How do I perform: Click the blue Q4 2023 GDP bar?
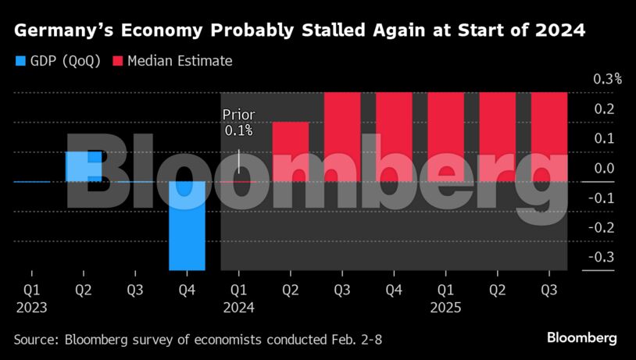[187, 226]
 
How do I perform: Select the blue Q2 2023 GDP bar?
[84, 166]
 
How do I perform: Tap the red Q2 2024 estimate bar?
[291, 151]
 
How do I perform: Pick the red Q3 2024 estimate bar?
[342, 137]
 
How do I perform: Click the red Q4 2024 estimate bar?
[394, 137]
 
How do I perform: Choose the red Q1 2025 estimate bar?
[445, 137]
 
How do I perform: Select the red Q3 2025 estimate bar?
[549, 137]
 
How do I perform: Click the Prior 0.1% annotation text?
[238, 123]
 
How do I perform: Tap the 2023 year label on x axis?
[32, 307]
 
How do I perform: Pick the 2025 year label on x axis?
[445, 307]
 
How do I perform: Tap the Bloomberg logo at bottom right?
[581, 338]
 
